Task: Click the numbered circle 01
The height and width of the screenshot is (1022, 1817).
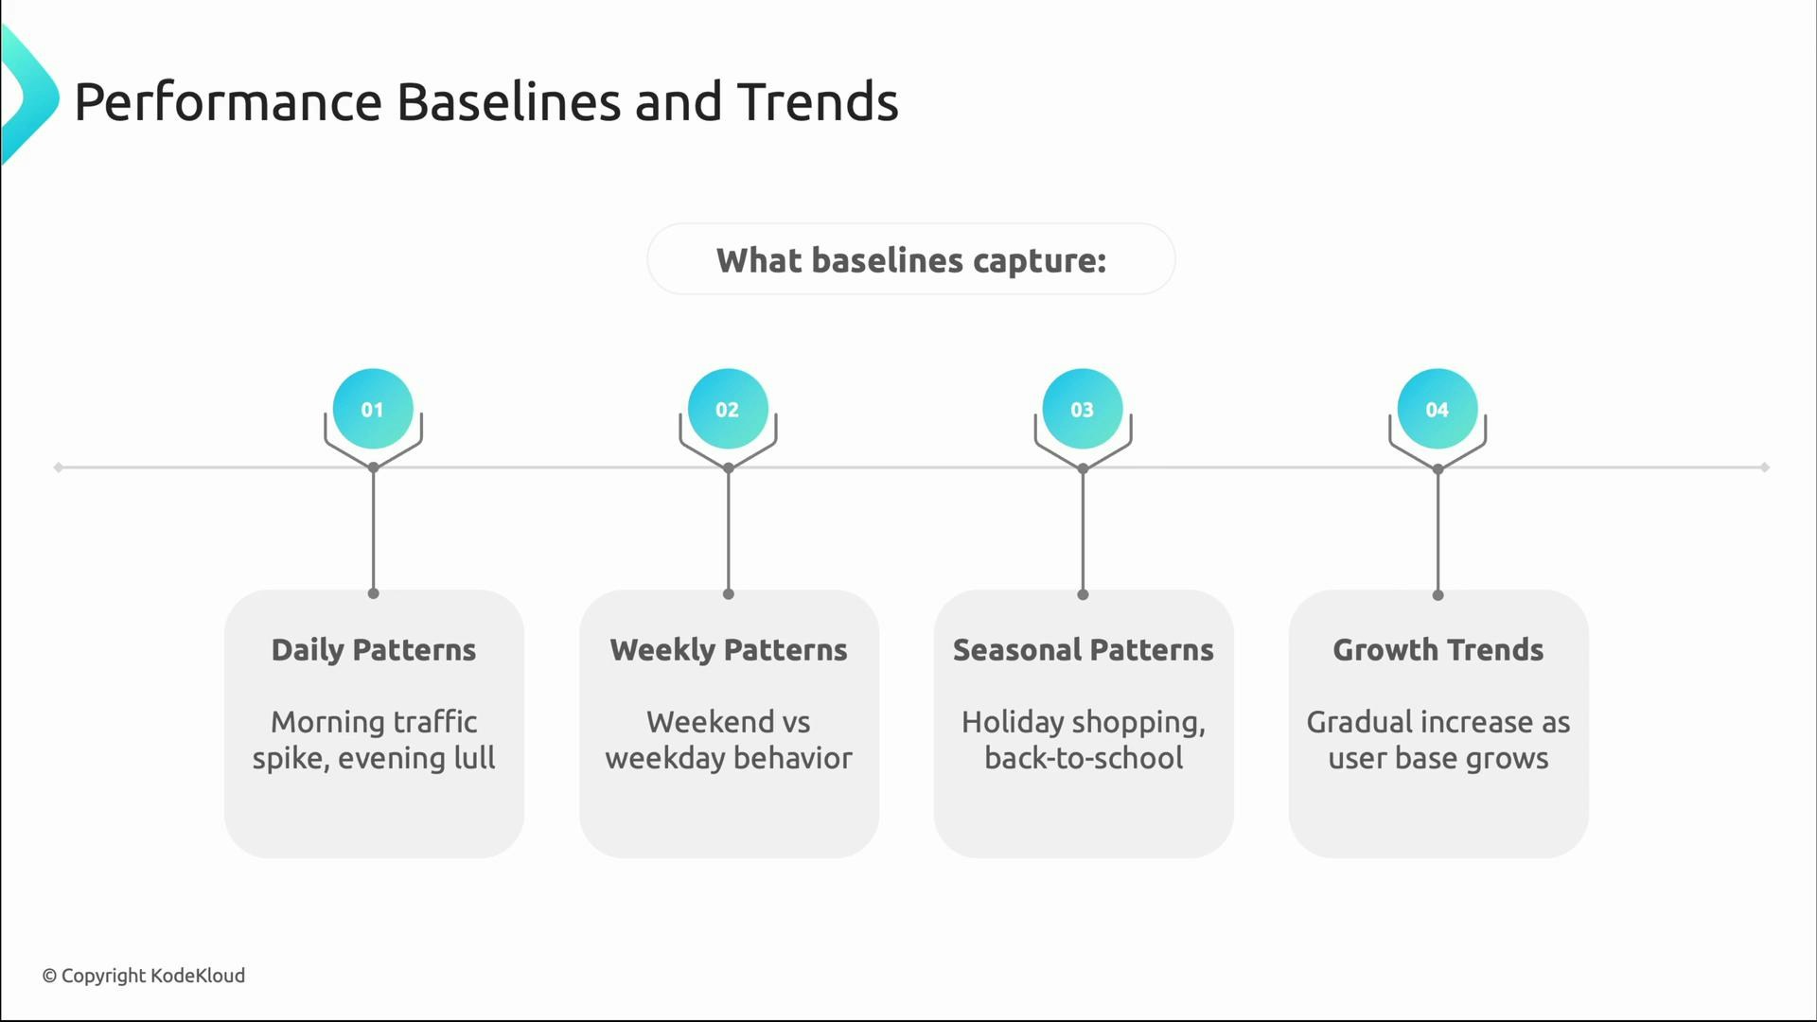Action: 373,409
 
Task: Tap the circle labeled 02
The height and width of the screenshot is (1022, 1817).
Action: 728,409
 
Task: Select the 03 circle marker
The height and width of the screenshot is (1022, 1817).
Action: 1083,409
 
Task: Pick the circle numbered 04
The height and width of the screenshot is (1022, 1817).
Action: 1438,409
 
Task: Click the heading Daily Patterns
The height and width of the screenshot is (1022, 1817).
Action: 373,650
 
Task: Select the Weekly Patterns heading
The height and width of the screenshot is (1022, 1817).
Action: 728,650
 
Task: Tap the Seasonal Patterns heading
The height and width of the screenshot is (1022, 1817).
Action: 1083,650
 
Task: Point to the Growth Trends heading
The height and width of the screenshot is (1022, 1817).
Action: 1438,650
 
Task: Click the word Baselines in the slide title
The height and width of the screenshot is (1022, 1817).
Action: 508,101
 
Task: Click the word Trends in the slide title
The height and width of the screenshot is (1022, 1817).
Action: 818,101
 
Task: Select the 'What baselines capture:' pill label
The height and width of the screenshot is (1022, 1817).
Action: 910,260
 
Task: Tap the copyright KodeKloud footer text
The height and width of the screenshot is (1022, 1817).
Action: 143,976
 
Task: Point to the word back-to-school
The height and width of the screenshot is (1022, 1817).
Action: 1083,758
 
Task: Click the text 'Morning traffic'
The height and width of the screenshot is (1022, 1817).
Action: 373,722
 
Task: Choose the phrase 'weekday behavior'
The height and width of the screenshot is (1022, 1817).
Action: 728,758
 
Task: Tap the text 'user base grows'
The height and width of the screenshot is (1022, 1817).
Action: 1438,758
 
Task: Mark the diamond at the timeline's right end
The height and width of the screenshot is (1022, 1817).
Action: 1765,467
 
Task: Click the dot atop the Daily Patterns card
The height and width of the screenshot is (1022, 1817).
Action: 373,593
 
